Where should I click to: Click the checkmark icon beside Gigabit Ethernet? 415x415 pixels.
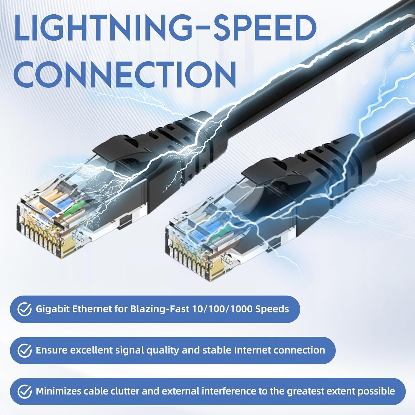point(24,309)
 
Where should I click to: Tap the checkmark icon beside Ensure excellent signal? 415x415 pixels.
point(24,351)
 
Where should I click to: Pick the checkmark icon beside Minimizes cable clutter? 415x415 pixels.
point(24,391)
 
